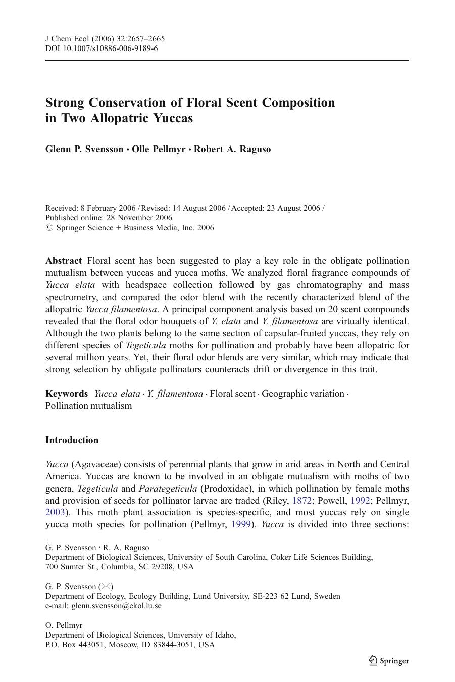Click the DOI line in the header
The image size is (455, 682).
(x=101, y=48)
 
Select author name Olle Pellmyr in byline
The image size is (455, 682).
(x=159, y=149)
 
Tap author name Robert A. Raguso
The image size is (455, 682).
(x=232, y=149)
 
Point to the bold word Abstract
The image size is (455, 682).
(x=64, y=261)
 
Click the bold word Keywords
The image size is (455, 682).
(x=67, y=394)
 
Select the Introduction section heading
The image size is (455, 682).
(x=72, y=440)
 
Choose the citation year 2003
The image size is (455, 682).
(x=55, y=513)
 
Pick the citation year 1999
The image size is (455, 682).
(x=241, y=524)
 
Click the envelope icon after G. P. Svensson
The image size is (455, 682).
(x=106, y=587)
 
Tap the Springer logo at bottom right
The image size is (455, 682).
(x=389, y=661)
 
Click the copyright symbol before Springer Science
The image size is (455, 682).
(x=49, y=228)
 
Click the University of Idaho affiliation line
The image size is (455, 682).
(x=140, y=635)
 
